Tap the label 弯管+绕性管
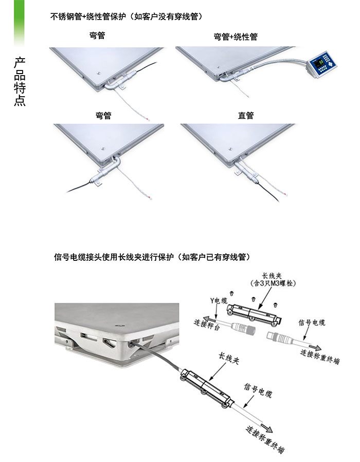[x=236, y=37]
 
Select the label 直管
[x=246, y=115]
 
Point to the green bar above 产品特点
[x=19, y=23]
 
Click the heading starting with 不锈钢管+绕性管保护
[x=127, y=16]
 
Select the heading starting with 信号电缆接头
[x=152, y=257]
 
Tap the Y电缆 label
[x=219, y=300]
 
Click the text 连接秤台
[x=207, y=325]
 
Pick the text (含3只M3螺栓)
[x=273, y=283]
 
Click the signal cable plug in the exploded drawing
[x=279, y=336]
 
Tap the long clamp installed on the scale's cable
[x=207, y=388]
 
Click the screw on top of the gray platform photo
[x=120, y=325]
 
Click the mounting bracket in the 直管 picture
[x=238, y=172]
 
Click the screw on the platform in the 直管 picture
[x=231, y=149]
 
